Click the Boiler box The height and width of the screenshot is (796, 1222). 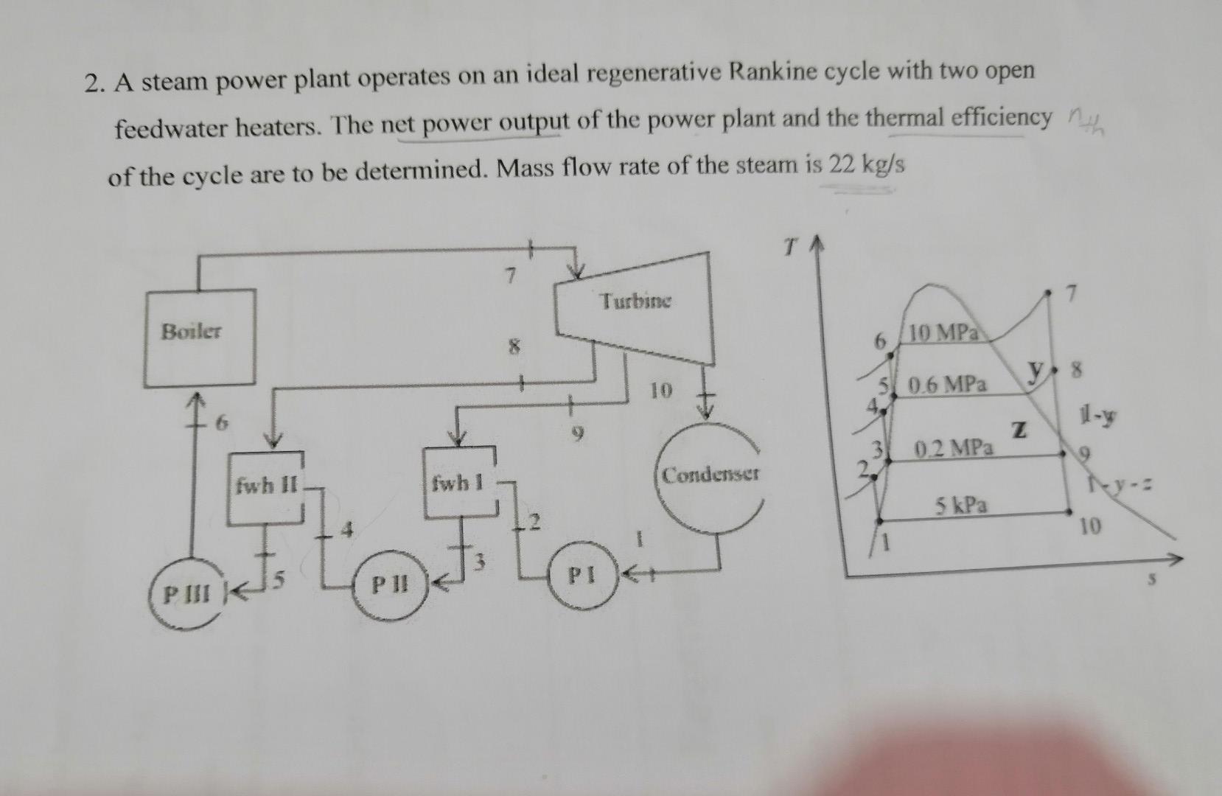pyautogui.click(x=199, y=338)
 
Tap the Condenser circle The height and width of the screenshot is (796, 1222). pyautogui.click(x=709, y=475)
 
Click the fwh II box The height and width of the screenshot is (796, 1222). pyautogui.click(x=266, y=486)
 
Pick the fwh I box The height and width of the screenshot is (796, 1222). pyautogui.click(x=458, y=483)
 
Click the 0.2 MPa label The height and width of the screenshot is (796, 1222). pyautogui.click(x=954, y=447)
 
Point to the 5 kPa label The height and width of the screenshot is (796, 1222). pyautogui.click(x=962, y=506)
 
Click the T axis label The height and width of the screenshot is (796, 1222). pyautogui.click(x=789, y=250)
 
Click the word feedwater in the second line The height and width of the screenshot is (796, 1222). pyautogui.click(x=167, y=130)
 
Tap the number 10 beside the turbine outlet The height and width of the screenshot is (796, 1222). pyautogui.click(x=660, y=391)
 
